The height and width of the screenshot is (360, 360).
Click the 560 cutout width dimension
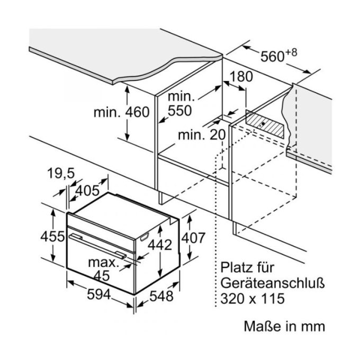(272, 57)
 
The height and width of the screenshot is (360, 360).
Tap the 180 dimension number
(241, 77)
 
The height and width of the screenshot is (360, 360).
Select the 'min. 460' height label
(121, 112)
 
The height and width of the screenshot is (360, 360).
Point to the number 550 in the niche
(179, 111)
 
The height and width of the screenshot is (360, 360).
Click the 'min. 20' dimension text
(202, 135)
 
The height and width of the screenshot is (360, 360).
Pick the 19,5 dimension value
(61, 173)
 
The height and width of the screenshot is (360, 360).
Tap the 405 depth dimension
(87, 191)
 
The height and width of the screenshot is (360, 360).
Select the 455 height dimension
(52, 237)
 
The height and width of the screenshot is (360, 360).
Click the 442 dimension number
(160, 245)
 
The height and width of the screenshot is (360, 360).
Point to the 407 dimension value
(193, 238)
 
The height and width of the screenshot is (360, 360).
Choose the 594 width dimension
(99, 294)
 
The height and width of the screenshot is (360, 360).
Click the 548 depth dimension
(161, 296)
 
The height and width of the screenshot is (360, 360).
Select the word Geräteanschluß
(273, 284)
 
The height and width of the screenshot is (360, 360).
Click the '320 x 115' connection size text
(253, 299)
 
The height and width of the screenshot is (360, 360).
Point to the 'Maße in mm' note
(284, 326)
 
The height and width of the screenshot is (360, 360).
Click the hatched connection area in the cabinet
(265, 124)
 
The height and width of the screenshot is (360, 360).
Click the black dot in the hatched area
(263, 124)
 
